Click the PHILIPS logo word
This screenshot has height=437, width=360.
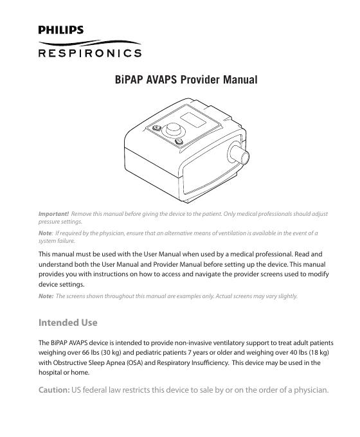click(x=60, y=30)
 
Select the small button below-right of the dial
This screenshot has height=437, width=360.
click(x=179, y=142)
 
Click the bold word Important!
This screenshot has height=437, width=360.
click(x=54, y=213)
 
